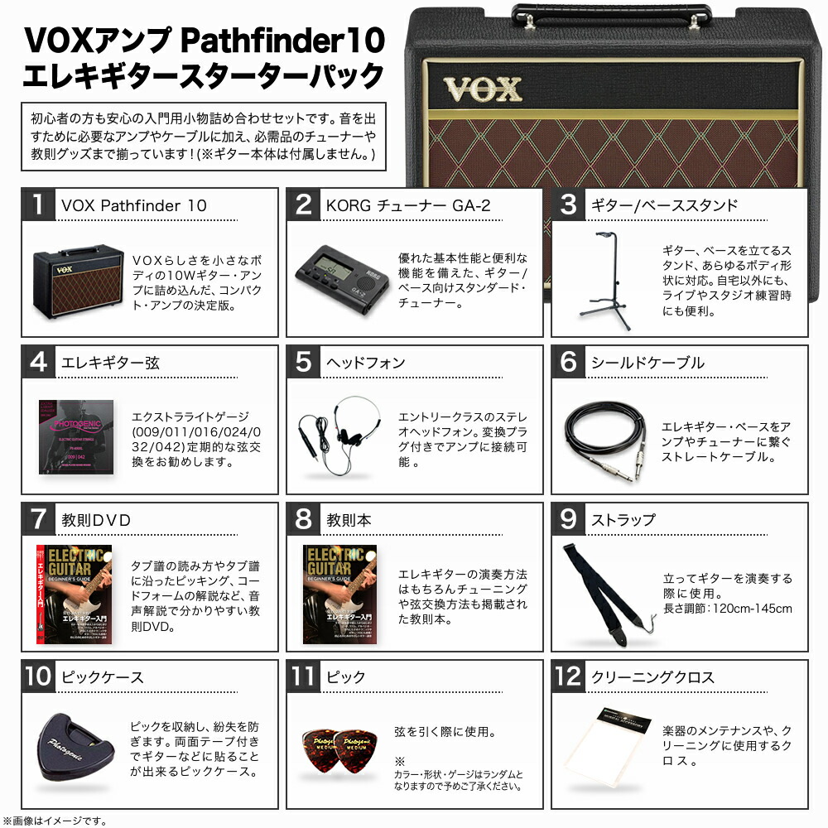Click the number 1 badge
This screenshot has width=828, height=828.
click(39, 205)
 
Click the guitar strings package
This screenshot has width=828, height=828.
click(76, 436)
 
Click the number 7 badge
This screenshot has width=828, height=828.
click(39, 520)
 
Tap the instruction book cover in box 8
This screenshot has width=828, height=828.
click(339, 594)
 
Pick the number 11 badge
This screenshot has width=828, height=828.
click(304, 677)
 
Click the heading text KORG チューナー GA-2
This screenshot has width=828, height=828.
click(405, 205)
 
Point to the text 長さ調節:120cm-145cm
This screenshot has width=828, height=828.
click(728, 609)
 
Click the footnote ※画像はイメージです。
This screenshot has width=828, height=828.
click(55, 820)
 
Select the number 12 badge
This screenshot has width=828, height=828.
click(569, 677)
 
